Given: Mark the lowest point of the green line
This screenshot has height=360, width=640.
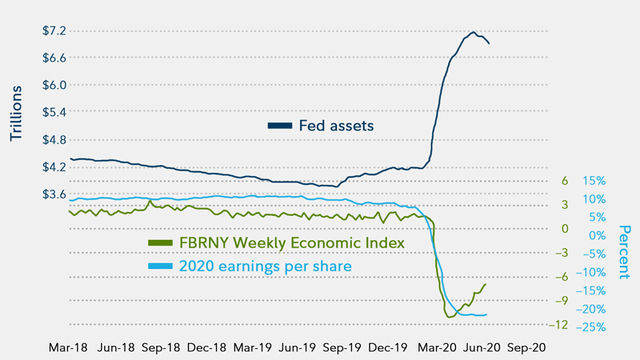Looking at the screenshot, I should tap(450, 317).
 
